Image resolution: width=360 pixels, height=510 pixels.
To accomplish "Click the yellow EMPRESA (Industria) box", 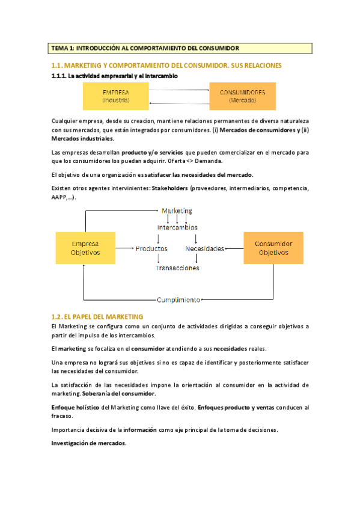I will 115,96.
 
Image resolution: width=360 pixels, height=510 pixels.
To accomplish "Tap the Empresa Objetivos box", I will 85,248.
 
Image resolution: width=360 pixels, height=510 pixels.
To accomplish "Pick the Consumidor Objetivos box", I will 273,248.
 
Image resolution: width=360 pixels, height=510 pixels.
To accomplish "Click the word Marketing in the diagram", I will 177,210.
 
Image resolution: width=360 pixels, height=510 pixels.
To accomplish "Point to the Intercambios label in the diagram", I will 177,227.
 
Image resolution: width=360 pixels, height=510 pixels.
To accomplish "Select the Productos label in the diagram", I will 151,248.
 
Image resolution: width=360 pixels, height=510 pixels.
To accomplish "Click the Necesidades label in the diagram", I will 205,248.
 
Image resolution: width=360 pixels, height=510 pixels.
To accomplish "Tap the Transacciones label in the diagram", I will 177,268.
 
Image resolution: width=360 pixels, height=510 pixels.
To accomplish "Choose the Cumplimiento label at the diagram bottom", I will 178,300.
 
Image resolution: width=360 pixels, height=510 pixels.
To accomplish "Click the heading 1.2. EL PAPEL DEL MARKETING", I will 97,316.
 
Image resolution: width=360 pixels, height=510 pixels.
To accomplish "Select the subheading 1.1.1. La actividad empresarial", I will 114,76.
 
